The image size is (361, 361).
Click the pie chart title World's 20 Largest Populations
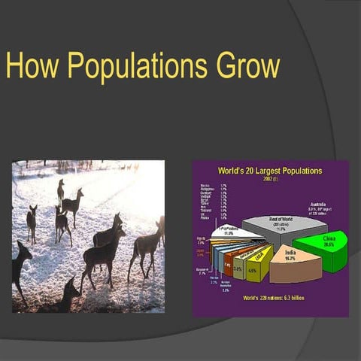270,171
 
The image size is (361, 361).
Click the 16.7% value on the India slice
290,257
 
